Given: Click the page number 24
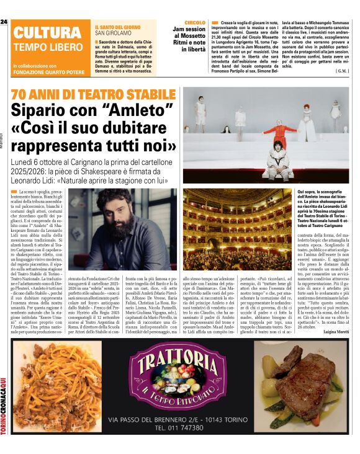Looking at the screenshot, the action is pos(4,22).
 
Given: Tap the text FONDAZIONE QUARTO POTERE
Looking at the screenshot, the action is pos(48,71).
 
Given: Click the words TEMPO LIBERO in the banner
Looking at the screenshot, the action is pos(47,47).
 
